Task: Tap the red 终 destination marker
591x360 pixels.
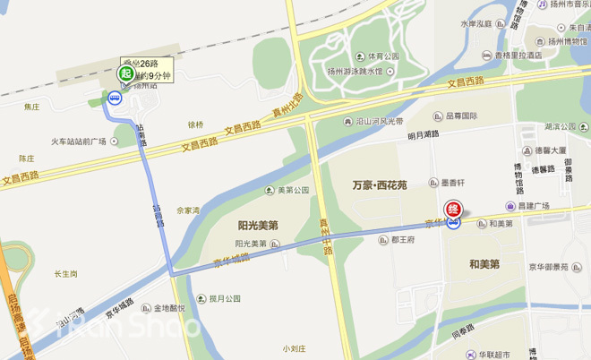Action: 454,210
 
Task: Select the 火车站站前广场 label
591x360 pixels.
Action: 79,141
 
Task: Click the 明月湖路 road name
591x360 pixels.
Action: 423,134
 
